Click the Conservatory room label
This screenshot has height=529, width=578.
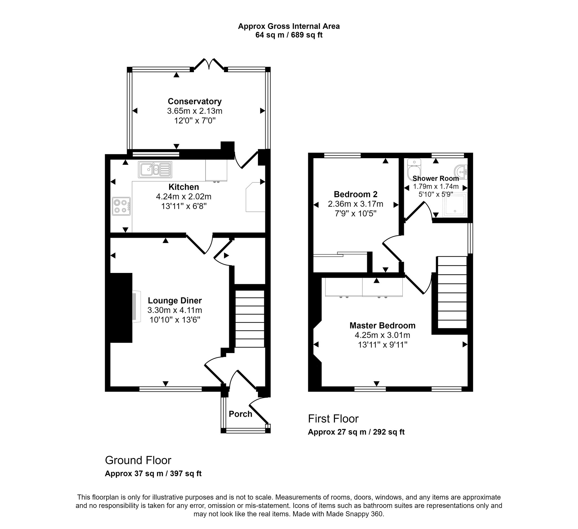pyautogui.click(x=195, y=102)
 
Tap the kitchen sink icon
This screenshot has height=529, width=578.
pyautogui.click(x=155, y=169)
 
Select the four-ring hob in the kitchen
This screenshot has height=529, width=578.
pyautogui.click(x=121, y=206)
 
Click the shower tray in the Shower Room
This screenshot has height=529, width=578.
pyautogui.click(x=455, y=205)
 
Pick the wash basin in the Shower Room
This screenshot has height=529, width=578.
pyautogui.click(x=462, y=172)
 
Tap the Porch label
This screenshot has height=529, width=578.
pyautogui.click(x=240, y=414)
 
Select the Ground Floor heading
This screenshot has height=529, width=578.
pyautogui.click(x=138, y=460)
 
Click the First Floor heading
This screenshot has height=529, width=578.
pyautogui.click(x=333, y=419)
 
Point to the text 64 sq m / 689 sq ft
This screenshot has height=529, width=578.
pyautogui.click(x=289, y=35)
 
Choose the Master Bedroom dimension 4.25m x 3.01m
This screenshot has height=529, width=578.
pyautogui.click(x=382, y=335)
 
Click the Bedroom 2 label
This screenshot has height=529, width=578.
pyautogui.click(x=356, y=194)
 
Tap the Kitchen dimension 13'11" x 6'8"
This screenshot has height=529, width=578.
pyautogui.click(x=184, y=206)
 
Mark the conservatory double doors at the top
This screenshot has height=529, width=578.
pyautogui.click(x=209, y=65)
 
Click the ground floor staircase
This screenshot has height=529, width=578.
pyautogui.click(x=250, y=319)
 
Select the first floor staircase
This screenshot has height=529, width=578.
pyautogui.click(x=452, y=292)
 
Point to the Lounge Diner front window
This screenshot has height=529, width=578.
pyautogui.click(x=170, y=389)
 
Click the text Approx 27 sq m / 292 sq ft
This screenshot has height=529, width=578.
pyautogui.click(x=356, y=432)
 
